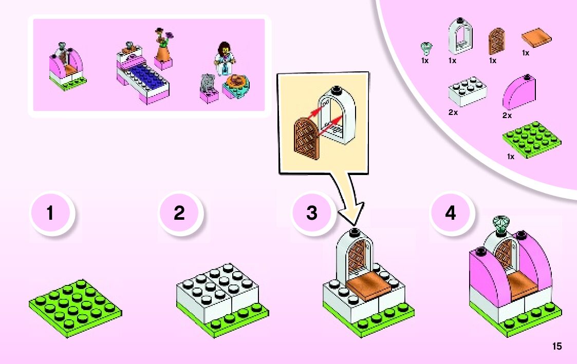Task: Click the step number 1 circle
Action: (50, 213)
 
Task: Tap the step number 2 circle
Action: (179, 213)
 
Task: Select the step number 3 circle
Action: (312, 213)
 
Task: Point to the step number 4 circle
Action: (451, 213)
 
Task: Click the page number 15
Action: (557, 347)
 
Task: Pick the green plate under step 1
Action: (75, 308)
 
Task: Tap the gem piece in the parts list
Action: (425, 48)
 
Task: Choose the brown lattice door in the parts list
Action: (496, 42)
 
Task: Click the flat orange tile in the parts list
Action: (537, 40)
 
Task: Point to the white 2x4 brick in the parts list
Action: (467, 91)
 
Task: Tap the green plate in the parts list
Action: (531, 139)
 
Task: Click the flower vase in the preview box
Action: (164, 49)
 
